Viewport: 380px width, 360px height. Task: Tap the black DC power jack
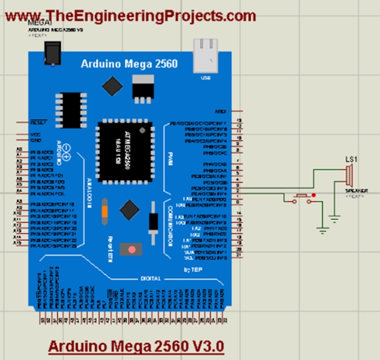[49, 50]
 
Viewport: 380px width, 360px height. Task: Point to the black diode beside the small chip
[153, 219]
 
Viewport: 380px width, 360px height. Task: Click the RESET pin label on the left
[37, 122]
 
